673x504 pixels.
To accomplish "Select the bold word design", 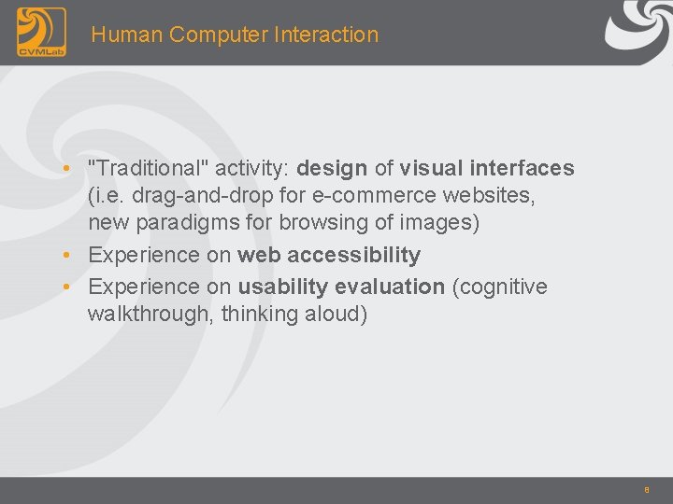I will coord(332,169).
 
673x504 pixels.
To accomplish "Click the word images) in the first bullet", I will coord(441,223).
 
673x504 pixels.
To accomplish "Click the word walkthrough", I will coord(150,314).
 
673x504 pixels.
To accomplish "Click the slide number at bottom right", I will coord(645,488).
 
